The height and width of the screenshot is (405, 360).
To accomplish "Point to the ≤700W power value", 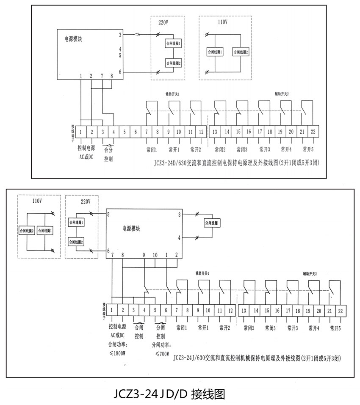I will [x=162, y=354].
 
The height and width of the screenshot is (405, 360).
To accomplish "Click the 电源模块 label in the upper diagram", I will [x=73, y=39].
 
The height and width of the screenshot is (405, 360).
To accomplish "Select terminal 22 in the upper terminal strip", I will [x=313, y=132].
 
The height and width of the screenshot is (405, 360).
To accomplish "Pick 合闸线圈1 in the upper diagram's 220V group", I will [x=173, y=44].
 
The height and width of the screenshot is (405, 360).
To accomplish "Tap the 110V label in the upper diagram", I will [x=222, y=22].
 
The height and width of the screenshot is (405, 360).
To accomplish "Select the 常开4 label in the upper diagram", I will [x=286, y=149].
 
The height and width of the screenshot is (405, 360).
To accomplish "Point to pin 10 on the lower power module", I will [x=155, y=255].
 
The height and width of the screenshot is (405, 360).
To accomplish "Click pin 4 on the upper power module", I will [x=120, y=49].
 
